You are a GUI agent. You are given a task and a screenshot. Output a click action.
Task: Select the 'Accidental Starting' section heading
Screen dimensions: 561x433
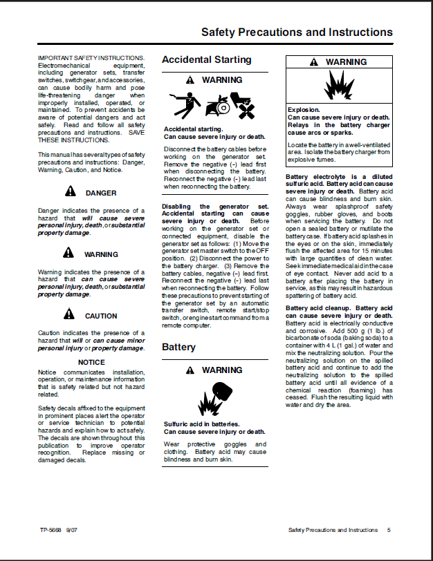206,60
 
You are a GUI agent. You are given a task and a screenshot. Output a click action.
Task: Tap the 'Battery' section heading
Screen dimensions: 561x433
178,347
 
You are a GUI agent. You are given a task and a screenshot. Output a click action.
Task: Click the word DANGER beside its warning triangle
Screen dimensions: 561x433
101,193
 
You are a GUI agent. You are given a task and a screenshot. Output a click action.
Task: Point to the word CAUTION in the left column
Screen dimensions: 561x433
101,316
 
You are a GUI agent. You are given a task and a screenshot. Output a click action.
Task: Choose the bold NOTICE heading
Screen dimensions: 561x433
91,362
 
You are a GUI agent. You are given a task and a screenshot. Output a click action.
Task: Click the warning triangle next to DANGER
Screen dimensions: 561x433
70,193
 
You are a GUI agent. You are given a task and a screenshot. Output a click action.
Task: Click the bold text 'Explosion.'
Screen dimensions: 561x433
303,110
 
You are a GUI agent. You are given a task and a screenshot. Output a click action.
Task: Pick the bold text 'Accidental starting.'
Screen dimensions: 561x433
193,129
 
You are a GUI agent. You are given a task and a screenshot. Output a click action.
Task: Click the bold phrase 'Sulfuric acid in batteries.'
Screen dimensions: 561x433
201,424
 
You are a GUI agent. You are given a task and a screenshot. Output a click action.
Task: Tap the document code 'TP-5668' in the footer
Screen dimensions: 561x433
50,531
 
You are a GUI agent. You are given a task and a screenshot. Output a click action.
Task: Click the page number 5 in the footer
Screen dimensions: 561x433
389,531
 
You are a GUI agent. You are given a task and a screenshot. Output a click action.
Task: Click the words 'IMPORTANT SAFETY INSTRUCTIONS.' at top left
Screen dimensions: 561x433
91,57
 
